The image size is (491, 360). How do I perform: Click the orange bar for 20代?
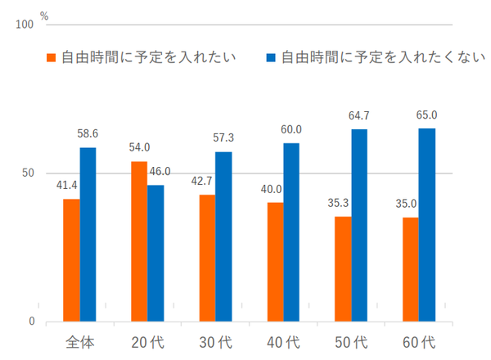[x=139, y=241]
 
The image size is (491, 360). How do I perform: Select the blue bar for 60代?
[x=427, y=225]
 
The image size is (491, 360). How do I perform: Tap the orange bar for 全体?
[x=71, y=260]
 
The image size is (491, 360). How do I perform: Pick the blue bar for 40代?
[x=291, y=232]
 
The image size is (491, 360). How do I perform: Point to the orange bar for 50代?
[x=343, y=269]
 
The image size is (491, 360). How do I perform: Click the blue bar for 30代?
[x=223, y=236]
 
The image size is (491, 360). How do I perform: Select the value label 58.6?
[x=88, y=133]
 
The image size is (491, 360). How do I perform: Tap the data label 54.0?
[x=139, y=148]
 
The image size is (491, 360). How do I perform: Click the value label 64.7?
[x=360, y=115]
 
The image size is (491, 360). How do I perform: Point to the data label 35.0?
[x=410, y=204]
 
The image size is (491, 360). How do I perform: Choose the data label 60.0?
[x=291, y=129]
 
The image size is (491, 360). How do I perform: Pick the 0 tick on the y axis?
[x=32, y=322]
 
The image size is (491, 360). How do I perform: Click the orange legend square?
[x=52, y=57]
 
